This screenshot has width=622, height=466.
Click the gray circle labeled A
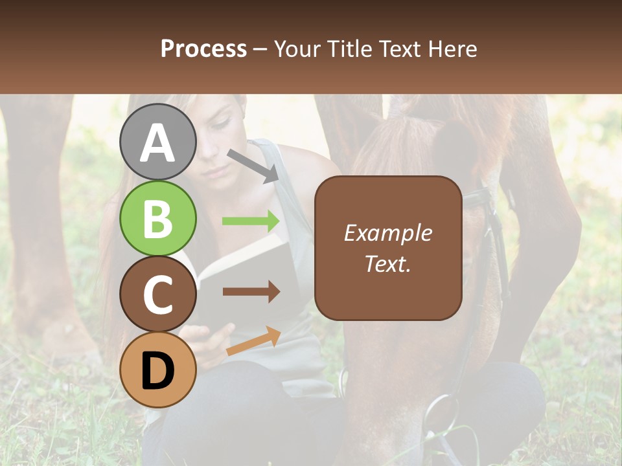[157, 142]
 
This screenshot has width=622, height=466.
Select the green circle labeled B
[157, 218]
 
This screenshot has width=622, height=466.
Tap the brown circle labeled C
[157, 294]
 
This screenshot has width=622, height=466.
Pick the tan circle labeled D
[157, 370]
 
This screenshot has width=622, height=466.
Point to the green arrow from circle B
[251, 221]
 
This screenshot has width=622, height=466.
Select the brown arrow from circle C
[251, 292]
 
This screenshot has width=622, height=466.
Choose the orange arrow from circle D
[253, 341]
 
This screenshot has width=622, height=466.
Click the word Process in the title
[203, 49]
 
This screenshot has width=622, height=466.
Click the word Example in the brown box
[387, 233]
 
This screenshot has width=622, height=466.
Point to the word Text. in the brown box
[387, 263]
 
